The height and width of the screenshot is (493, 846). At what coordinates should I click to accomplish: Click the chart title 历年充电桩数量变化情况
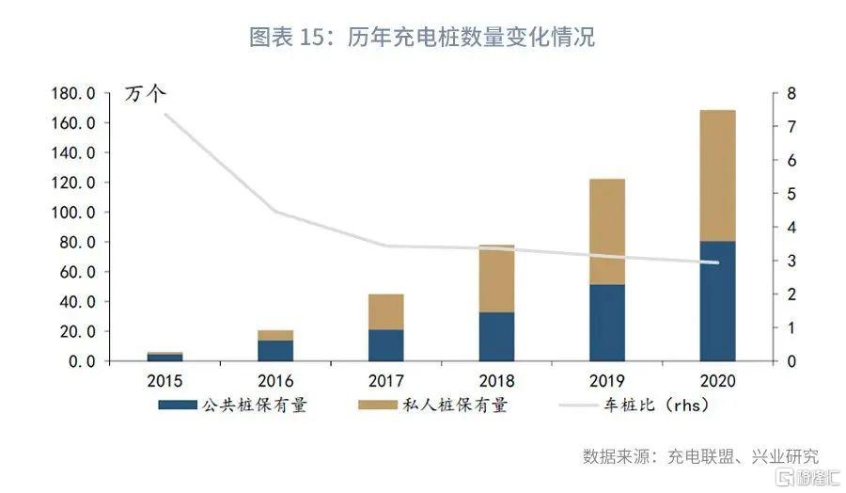coord(471,38)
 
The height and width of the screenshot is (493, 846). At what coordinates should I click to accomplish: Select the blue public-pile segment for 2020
coord(717,301)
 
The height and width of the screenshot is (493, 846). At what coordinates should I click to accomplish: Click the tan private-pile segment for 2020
coord(717,176)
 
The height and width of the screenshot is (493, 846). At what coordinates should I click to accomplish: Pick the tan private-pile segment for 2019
coord(607,231)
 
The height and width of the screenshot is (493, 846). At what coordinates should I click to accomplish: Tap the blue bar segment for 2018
coord(496,337)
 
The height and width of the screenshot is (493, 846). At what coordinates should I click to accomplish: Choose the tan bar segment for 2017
coord(385,311)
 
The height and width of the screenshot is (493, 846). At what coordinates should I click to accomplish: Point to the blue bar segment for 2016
coord(275,350)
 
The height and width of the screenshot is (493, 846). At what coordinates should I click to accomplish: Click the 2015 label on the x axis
coord(164,381)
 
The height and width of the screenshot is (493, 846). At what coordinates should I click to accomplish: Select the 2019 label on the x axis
coord(607,381)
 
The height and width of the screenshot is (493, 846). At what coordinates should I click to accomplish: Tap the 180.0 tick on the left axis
coord(73,93)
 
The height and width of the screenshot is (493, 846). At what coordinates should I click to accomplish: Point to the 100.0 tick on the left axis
coord(73,213)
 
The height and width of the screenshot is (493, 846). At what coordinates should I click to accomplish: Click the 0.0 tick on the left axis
coord(82,360)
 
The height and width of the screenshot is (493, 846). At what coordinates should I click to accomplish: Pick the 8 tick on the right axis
coord(791,93)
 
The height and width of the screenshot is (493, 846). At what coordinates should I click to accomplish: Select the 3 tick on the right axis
coord(791,261)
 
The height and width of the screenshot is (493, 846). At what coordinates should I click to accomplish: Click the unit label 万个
coord(145,93)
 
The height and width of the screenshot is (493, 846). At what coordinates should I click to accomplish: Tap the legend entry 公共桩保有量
coord(232,405)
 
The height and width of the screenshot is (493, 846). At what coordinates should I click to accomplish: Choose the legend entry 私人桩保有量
coord(432,405)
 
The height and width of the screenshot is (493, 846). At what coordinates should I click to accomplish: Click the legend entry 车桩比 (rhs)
coord(634,405)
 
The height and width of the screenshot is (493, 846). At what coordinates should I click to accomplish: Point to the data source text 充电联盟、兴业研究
coord(743,456)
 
